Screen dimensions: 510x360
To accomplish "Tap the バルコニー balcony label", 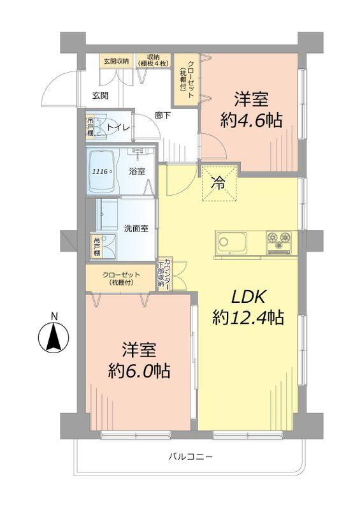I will tap(191, 456).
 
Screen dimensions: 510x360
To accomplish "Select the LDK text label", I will tap(248, 296).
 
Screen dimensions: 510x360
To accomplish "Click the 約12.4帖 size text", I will tap(247, 317).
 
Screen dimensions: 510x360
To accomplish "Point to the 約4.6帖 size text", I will tap(251, 119).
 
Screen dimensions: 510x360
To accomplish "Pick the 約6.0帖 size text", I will tap(138, 370).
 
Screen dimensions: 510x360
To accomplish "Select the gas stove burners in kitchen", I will tap(280, 241).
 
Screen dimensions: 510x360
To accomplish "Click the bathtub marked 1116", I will tap(102, 171).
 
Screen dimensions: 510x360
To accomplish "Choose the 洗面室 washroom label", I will tap(136, 228).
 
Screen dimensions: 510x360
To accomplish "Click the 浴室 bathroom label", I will tap(136, 171).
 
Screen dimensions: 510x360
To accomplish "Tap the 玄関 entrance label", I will tap(99, 96).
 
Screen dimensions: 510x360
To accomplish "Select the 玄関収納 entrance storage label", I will tap(115, 61).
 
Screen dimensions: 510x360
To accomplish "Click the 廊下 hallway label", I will tap(162, 115).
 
